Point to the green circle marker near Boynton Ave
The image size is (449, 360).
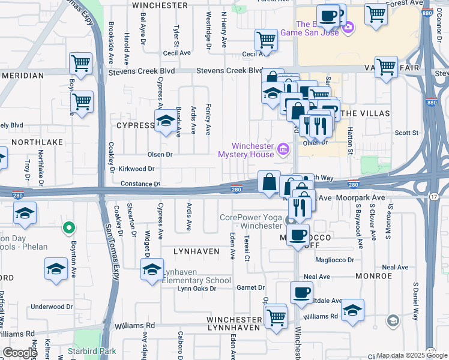point(69,228)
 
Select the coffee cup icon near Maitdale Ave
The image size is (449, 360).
point(301,293)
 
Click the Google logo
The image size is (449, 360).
point(20,353)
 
